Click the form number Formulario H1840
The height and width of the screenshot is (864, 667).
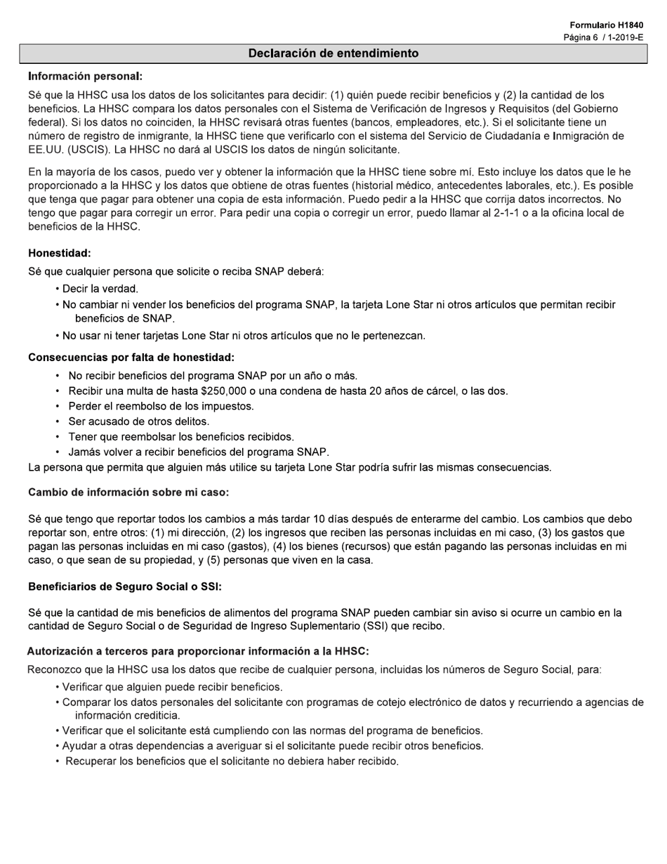[x=606, y=25]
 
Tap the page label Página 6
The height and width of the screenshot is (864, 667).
[x=580, y=37]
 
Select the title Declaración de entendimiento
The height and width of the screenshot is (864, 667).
[x=333, y=53]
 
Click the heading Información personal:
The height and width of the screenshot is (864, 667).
[x=85, y=76]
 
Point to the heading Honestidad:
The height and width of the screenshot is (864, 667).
[x=60, y=253]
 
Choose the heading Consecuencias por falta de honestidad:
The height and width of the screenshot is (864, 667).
[x=131, y=358]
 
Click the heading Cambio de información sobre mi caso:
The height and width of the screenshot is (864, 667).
[x=128, y=492]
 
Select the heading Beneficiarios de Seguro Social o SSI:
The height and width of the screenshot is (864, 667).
[x=125, y=587]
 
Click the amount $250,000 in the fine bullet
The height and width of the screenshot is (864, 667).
[x=225, y=391]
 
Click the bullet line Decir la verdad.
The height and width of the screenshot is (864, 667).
[x=100, y=289]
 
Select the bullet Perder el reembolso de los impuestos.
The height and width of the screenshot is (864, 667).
[x=161, y=406]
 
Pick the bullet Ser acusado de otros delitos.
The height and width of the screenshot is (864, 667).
[x=138, y=421]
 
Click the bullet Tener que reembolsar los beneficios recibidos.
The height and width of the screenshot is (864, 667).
[x=180, y=437]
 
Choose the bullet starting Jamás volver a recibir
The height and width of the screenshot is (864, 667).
[x=198, y=452]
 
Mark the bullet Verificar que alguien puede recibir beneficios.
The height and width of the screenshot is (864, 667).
[x=172, y=687]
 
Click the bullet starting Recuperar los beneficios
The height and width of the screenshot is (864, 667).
[x=232, y=761]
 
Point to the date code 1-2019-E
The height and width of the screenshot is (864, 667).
[x=624, y=37]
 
